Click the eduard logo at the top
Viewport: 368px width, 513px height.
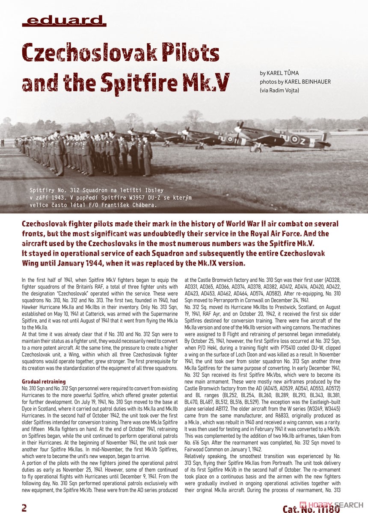pos(64,20)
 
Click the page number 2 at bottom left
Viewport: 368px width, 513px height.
pos(24,507)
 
